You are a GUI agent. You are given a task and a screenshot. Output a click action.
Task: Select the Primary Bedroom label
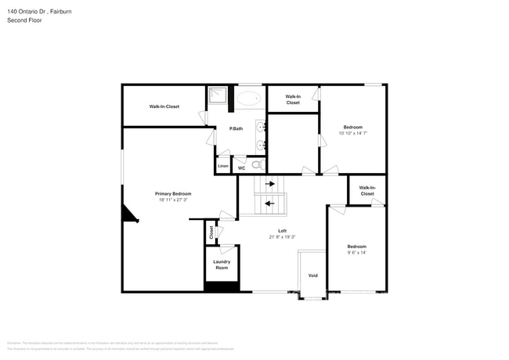pos(172,193)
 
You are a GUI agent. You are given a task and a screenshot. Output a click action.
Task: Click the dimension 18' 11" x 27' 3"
pos(172,200)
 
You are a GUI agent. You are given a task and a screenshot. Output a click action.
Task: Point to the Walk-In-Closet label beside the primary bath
pos(164,106)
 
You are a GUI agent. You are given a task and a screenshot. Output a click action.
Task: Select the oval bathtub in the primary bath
pos(250,99)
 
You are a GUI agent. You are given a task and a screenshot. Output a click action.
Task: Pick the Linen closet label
pos(223,166)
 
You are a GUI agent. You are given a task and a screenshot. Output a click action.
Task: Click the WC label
pos(241,167)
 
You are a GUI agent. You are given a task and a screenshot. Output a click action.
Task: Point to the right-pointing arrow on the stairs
pos(270,185)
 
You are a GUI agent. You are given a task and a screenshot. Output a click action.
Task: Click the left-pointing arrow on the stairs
pos(270,203)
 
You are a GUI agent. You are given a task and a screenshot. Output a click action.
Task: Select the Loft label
pos(282,230)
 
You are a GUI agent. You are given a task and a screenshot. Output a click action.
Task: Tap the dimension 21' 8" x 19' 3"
pos(282,236)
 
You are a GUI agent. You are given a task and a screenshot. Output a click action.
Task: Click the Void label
pos(312,275)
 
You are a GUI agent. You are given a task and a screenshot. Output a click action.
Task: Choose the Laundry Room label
pos(222,265)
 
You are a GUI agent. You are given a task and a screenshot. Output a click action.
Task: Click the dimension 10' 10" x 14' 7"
pos(353,133)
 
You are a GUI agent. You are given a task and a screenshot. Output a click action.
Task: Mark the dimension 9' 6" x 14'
pos(356,252)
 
